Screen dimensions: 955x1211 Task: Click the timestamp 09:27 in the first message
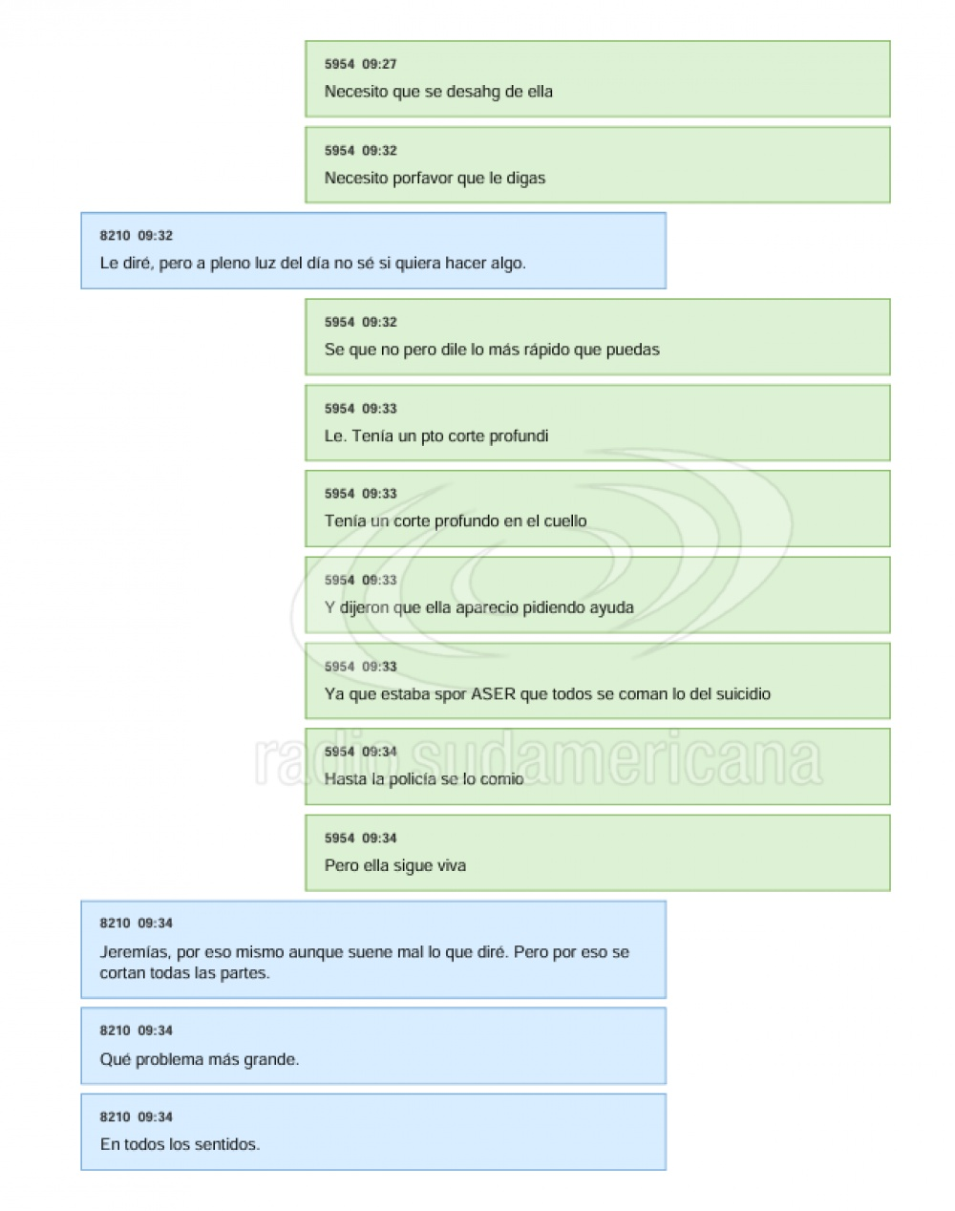tap(379, 64)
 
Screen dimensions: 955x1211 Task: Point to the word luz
tap(265, 263)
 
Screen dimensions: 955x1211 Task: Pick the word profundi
tap(519, 436)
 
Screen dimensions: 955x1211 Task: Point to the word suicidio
tap(742, 694)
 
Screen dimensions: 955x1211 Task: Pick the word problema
tap(169, 1060)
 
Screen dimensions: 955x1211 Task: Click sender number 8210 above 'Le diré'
tap(115, 236)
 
